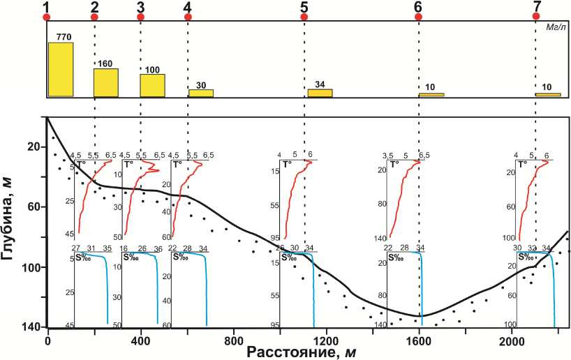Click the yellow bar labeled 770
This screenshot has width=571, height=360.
[60, 70]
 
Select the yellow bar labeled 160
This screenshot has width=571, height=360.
[106, 82]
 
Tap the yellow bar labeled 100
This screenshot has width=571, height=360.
[152, 85]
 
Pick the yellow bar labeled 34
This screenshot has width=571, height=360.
[320, 93]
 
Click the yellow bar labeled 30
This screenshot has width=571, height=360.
[201, 93]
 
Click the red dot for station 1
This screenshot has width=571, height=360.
[47, 17]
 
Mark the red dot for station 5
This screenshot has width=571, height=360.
[304, 17]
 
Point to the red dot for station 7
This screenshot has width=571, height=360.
[536, 16]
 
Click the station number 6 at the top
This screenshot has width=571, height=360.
[417, 6]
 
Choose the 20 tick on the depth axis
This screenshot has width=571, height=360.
[33, 147]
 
